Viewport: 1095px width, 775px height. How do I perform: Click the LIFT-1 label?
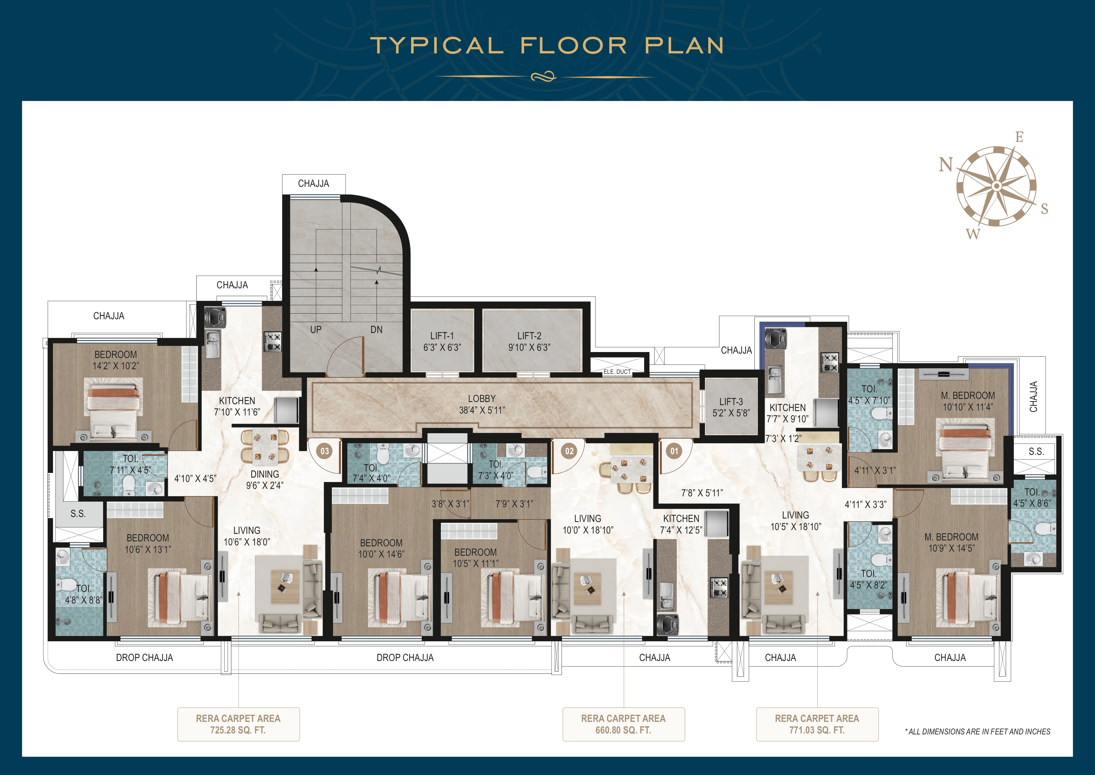442,336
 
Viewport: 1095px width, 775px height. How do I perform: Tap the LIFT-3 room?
731,407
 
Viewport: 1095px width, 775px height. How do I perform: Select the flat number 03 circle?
325,451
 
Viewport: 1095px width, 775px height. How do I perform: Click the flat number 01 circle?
674,451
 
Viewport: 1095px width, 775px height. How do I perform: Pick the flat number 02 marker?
569,451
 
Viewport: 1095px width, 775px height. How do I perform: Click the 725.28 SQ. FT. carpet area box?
238,724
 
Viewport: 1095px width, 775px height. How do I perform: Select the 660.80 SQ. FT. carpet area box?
623,724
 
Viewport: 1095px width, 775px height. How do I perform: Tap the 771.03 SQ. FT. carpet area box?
817,724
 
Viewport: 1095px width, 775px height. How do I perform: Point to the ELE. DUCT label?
617,372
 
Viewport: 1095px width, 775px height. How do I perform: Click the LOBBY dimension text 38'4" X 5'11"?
482,410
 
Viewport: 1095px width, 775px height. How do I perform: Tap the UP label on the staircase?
316,329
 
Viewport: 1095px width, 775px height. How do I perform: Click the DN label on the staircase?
376,329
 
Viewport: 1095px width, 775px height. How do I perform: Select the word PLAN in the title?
684,46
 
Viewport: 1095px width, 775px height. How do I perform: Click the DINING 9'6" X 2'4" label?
265,479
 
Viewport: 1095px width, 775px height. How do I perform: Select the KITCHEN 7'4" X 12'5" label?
681,524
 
